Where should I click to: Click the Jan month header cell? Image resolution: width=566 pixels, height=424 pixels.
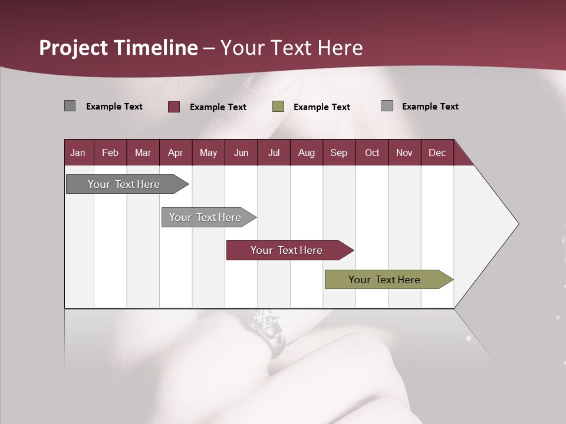point(78,153)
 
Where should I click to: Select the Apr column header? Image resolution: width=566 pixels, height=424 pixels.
point(176,153)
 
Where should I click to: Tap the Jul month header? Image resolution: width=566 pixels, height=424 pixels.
point(274,153)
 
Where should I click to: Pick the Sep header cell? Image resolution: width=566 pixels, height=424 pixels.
point(338,153)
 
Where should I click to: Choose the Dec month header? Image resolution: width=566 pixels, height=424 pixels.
point(437,153)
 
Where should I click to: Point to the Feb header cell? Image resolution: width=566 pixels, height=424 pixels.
point(110,153)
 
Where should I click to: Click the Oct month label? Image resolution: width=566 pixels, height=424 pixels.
point(372,153)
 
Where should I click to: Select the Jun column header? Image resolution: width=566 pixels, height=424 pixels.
point(241,153)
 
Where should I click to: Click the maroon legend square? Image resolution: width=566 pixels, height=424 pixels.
point(174,107)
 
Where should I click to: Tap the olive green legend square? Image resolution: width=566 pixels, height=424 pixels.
point(278,107)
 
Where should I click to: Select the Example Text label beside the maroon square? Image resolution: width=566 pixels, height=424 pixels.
point(218,107)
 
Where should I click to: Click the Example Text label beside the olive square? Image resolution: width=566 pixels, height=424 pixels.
point(322,107)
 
